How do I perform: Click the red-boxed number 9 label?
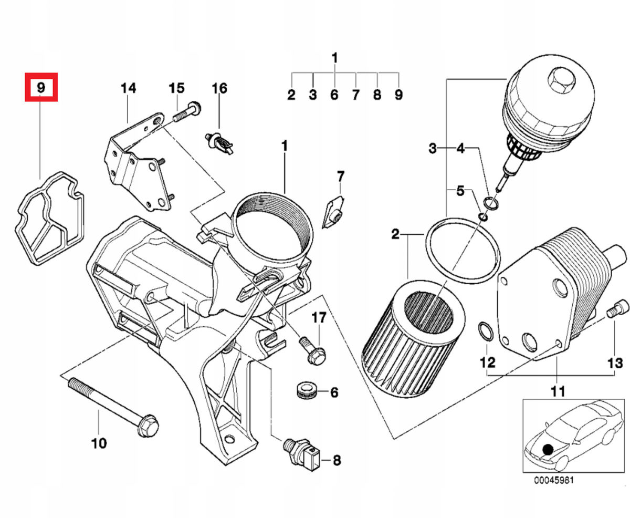point(41,88)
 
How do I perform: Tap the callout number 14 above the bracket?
point(128,88)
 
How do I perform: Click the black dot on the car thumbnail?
point(548,449)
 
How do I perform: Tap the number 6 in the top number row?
point(334,95)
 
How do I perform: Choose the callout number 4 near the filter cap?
point(460,149)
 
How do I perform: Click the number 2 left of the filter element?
point(395,234)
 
